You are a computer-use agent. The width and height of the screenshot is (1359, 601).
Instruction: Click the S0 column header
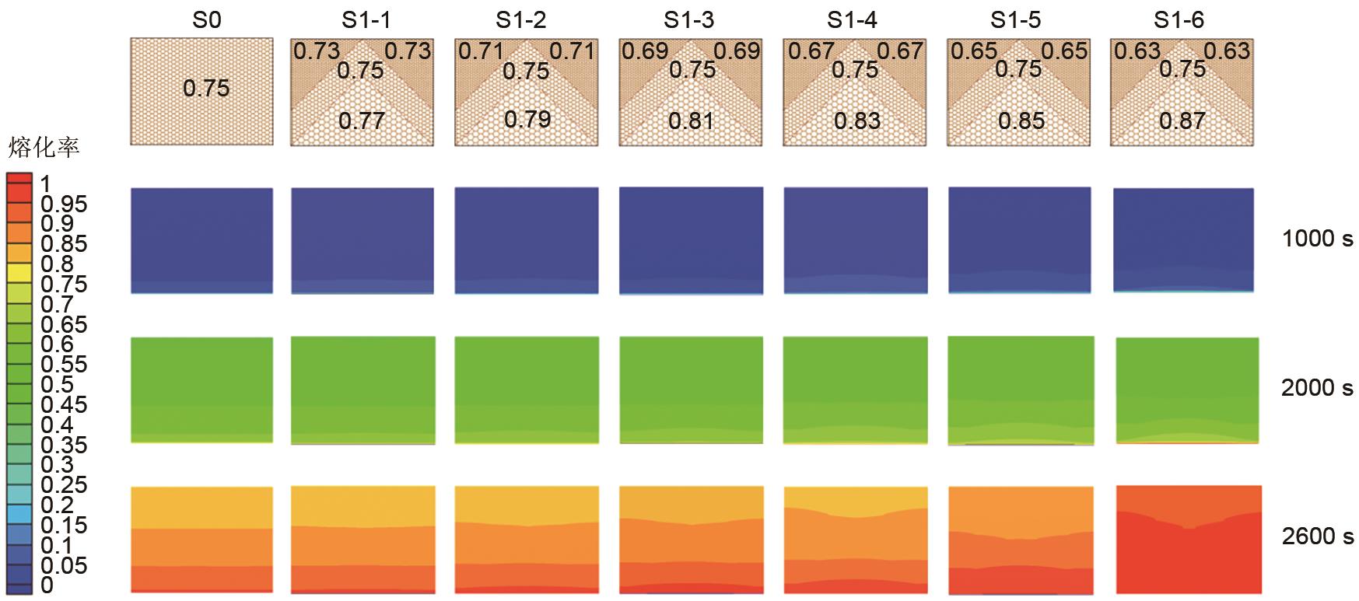pyautogui.click(x=206, y=19)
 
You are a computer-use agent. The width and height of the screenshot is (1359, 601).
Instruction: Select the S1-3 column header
pyautogui.click(x=689, y=19)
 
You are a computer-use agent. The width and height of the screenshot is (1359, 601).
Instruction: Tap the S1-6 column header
pyautogui.click(x=1179, y=19)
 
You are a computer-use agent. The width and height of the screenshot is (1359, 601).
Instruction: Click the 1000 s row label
pyautogui.click(x=1317, y=239)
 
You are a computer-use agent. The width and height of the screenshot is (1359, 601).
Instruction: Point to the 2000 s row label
pyautogui.click(x=1317, y=387)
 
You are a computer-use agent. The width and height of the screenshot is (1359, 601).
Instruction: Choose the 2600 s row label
pyautogui.click(x=1317, y=536)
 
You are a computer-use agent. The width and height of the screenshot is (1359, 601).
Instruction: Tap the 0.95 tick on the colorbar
pyautogui.click(x=64, y=204)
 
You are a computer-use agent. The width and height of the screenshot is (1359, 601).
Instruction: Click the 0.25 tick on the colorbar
pyautogui.click(x=64, y=485)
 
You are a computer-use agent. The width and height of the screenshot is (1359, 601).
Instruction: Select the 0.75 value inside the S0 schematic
pyautogui.click(x=206, y=88)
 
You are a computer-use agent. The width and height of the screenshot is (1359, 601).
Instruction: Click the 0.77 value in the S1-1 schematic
pyautogui.click(x=362, y=121)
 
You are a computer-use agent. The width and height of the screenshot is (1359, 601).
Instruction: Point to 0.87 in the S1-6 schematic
pyautogui.click(x=1182, y=121)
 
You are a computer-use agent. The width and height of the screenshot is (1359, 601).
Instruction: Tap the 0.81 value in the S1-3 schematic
pyautogui.click(x=691, y=121)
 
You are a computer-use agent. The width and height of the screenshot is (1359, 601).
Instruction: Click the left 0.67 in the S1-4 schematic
pyautogui.click(x=811, y=51)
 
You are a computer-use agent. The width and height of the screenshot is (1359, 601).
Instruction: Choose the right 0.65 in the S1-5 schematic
pyautogui.click(x=1064, y=51)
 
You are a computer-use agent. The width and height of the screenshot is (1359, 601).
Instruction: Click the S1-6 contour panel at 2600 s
pyautogui.click(x=1188, y=539)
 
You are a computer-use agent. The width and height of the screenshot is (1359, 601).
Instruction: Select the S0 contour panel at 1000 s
pyautogui.click(x=202, y=240)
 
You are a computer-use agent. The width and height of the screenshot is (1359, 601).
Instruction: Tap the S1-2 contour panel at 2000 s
pyautogui.click(x=527, y=390)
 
